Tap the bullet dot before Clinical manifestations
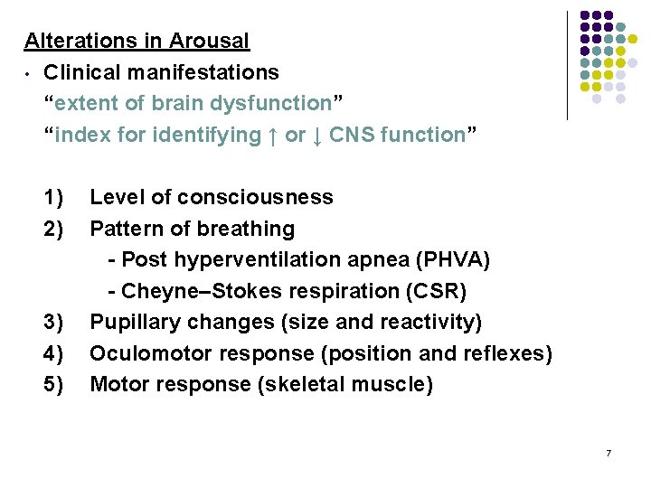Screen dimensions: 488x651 tap(29, 73)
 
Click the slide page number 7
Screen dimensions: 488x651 tap(609, 452)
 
